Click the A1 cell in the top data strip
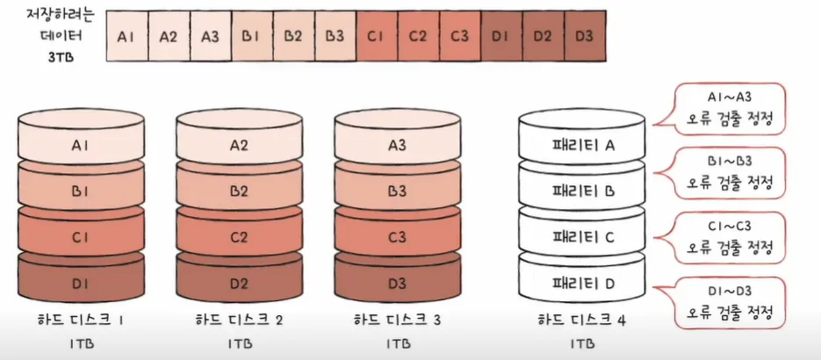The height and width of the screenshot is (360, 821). tap(126, 37)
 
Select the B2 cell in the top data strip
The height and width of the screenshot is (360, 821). tap(293, 37)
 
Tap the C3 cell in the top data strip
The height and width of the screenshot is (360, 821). tap(459, 37)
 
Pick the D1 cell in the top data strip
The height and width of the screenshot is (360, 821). tap(501, 37)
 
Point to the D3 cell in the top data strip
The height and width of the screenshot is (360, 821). tap(584, 37)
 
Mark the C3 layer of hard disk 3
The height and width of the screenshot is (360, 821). tap(398, 236)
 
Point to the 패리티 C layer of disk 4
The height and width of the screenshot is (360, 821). tap(581, 236)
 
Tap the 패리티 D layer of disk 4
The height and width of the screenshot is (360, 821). tap(581, 283)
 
